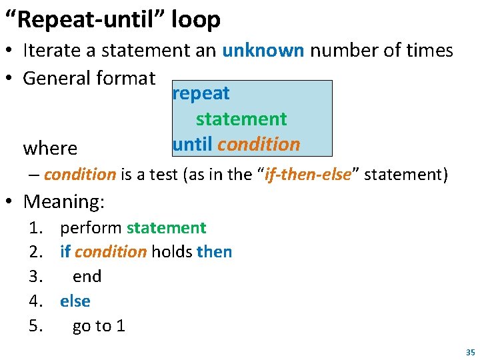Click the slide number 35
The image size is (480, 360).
point(470,352)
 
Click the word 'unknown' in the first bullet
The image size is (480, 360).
point(263,50)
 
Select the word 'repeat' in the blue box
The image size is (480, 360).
point(201,93)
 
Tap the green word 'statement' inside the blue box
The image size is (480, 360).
point(241,119)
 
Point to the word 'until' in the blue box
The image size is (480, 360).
point(192,144)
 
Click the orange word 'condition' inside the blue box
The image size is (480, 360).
point(259,144)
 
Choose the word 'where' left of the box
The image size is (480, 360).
point(50,147)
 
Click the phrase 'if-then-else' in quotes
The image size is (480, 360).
point(308,175)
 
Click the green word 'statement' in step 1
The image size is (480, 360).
point(166,228)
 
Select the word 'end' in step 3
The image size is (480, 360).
point(87,277)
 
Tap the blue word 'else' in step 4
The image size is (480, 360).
point(75,301)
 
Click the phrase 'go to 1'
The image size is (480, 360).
point(99,326)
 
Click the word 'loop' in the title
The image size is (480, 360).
point(196,20)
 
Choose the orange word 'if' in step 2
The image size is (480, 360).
point(65,252)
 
